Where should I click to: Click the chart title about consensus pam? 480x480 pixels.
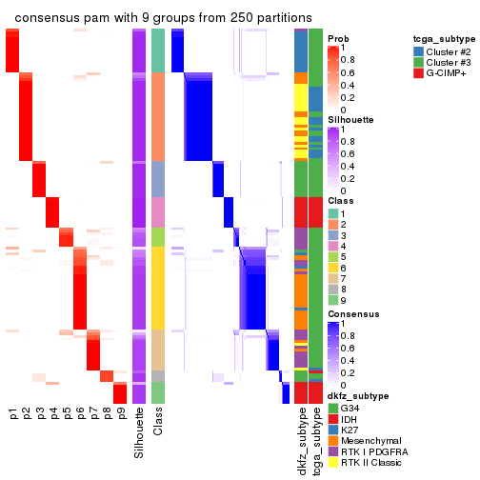click(163, 18)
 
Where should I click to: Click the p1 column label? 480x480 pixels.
click(12, 415)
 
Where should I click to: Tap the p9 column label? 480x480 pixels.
click(120, 415)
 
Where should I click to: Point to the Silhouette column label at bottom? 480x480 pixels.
click(140, 433)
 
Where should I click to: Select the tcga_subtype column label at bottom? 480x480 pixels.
click(315, 439)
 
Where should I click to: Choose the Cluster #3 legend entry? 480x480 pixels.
click(450, 62)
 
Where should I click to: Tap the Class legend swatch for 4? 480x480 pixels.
click(333, 247)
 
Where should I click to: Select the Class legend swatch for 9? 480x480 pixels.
click(333, 302)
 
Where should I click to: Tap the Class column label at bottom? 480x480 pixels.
click(158, 426)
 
